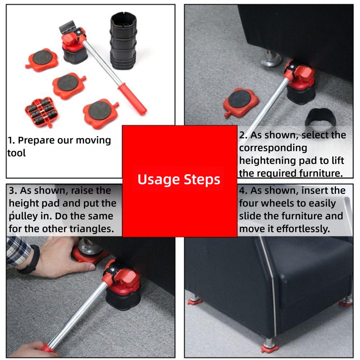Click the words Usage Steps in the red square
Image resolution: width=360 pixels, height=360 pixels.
(x=179, y=179)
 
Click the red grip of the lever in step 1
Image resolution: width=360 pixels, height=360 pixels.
(x=132, y=99)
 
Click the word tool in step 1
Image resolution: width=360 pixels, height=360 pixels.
(x=17, y=153)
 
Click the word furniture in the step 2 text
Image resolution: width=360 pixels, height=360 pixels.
(x=320, y=173)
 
